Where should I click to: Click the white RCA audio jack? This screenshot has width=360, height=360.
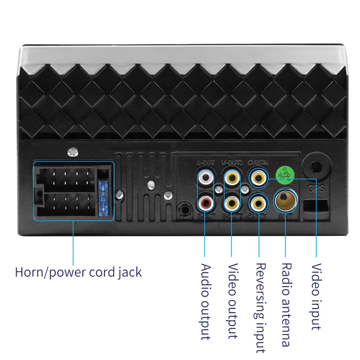[x=205, y=177]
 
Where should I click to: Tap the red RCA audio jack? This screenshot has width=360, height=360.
[x=205, y=204]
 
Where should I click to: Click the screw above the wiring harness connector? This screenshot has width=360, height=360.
[x=72, y=153]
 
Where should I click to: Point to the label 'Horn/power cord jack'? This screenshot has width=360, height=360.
[x=78, y=272]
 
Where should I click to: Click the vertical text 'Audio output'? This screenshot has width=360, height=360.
[x=205, y=301]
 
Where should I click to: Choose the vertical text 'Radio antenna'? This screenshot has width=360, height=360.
[x=286, y=305]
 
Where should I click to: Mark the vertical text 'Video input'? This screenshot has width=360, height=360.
[x=316, y=297]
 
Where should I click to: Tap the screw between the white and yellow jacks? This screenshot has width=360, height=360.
[x=218, y=190]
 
